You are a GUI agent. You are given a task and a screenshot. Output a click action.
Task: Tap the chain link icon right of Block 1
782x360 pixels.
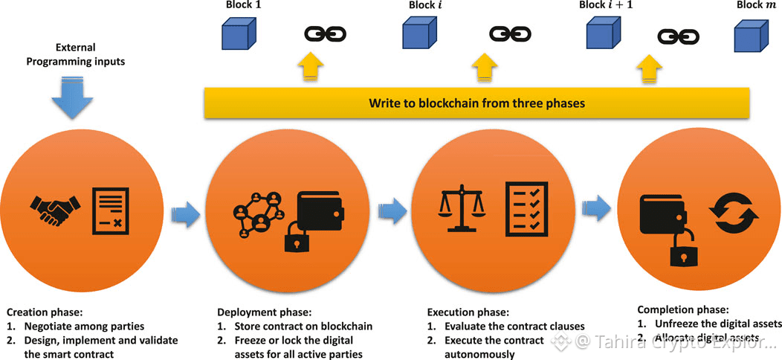pos(323,34)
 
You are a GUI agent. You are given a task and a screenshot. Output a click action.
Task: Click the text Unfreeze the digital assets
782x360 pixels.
pos(718,324)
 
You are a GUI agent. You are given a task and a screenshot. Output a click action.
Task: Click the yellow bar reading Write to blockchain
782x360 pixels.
pos(476,103)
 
